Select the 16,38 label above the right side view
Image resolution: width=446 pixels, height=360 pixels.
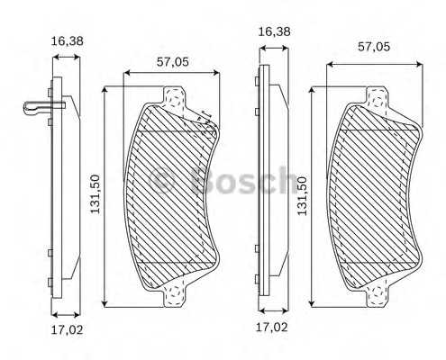click(274, 31)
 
